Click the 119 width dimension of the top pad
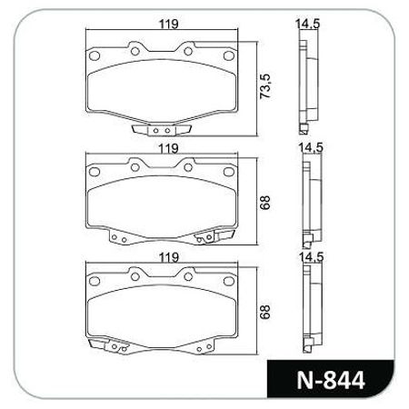point(165,24)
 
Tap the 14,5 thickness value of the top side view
point(308,25)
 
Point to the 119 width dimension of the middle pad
point(165,146)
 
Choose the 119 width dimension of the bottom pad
point(165,258)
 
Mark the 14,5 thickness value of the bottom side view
point(308,258)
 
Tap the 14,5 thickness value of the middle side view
point(308,145)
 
